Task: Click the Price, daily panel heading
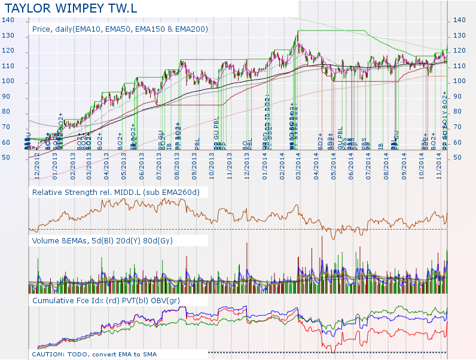coord(120,29)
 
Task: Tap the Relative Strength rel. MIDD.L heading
coord(115,192)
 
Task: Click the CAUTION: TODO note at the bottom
coord(94,355)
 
